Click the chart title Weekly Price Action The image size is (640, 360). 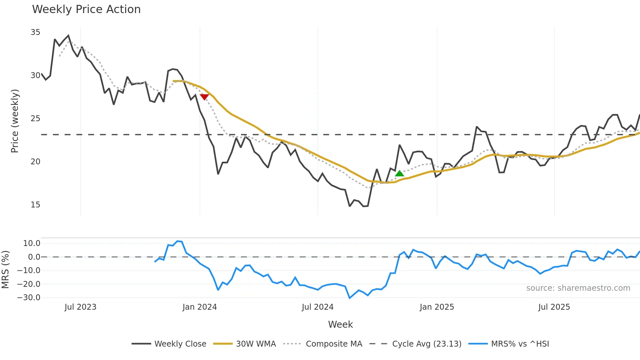(x=86, y=9)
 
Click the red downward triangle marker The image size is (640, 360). (x=204, y=97)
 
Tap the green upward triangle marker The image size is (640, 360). (x=399, y=173)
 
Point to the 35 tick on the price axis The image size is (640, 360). (x=35, y=32)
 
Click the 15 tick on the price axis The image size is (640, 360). (x=35, y=205)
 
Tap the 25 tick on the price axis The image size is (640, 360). (x=35, y=119)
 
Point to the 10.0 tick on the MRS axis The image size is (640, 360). (x=32, y=243)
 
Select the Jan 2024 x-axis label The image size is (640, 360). (x=200, y=307)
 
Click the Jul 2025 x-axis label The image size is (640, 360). (x=554, y=307)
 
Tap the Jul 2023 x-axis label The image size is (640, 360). (x=80, y=307)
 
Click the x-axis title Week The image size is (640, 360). (x=340, y=324)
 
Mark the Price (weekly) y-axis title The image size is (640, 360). (x=15, y=121)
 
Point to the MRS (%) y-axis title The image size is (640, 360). (x=5, y=270)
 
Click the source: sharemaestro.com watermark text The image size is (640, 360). (x=578, y=288)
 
